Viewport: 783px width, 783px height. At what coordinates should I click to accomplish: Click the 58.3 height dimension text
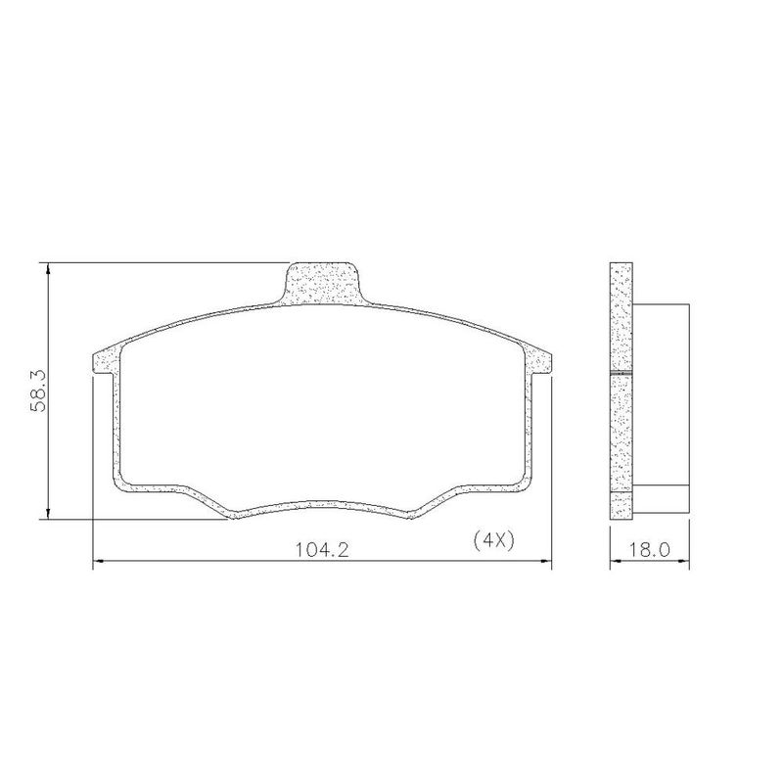click(38, 391)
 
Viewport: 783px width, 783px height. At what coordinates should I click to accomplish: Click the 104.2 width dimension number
click(322, 550)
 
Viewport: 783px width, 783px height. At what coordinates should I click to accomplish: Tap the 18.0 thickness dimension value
click(649, 550)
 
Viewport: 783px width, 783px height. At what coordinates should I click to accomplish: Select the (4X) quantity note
click(493, 540)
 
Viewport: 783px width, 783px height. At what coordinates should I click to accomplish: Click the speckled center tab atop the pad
click(322, 283)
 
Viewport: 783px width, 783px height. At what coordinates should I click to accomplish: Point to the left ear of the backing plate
click(106, 360)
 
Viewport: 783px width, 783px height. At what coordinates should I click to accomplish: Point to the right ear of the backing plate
click(538, 360)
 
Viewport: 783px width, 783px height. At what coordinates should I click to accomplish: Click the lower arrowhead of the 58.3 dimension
click(48, 513)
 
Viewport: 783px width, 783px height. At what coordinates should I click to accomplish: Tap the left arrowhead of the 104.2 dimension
click(99, 561)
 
